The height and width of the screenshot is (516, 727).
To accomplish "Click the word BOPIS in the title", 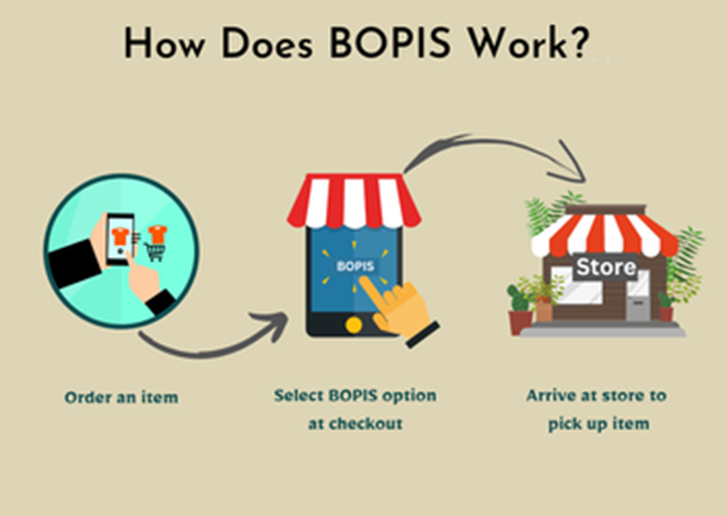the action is click(x=390, y=43).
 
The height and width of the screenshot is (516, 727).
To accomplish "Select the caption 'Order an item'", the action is click(x=121, y=397).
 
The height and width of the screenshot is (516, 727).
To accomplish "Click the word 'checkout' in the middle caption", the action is click(x=365, y=424).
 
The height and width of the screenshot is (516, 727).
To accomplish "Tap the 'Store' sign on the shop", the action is click(x=605, y=267).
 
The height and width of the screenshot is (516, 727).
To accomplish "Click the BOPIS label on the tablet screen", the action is click(x=355, y=266).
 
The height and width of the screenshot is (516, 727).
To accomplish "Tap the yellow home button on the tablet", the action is click(x=354, y=325).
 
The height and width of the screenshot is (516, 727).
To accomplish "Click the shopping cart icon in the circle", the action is click(x=156, y=251).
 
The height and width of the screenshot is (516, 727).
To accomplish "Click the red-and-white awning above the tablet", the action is click(x=354, y=201).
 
